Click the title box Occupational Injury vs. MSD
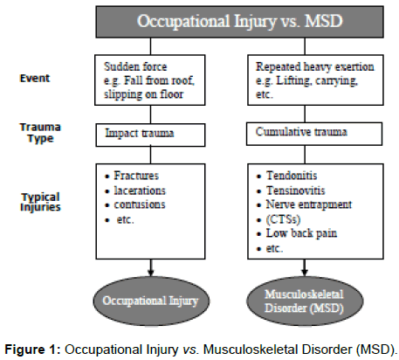pos(239,22)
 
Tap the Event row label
pos(35,78)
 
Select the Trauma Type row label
pos(40,133)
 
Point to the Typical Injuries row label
pos(40,202)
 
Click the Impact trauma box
pos(150,135)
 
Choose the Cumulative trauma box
pos(314,134)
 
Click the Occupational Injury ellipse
pos(151,301)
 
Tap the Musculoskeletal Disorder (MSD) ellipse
pos(305,301)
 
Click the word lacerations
pos(140,190)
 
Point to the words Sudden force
pos(135,66)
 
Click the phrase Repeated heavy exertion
pos(315,66)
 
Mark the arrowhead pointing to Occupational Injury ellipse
pos(150,273)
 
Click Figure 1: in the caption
pos(32,350)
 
